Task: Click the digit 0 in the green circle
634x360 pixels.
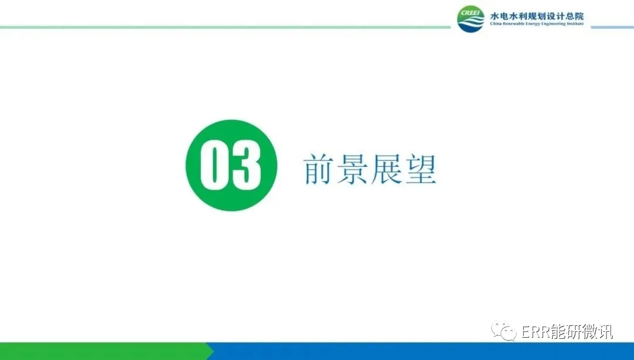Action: (x=215, y=165)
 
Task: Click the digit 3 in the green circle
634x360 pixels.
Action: (x=246, y=165)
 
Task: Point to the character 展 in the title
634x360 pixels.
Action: (x=386, y=169)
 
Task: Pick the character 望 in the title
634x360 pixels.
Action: (x=421, y=169)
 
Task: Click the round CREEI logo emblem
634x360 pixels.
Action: (x=471, y=19)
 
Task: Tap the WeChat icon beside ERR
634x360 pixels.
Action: (x=504, y=331)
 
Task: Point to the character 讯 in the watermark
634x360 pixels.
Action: (x=605, y=332)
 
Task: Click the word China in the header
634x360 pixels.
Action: (x=495, y=24)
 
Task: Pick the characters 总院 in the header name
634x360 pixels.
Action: (x=574, y=16)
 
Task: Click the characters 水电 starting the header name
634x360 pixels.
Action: (x=500, y=16)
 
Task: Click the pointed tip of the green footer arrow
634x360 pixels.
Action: (x=214, y=351)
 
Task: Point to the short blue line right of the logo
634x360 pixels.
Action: (x=612, y=28)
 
